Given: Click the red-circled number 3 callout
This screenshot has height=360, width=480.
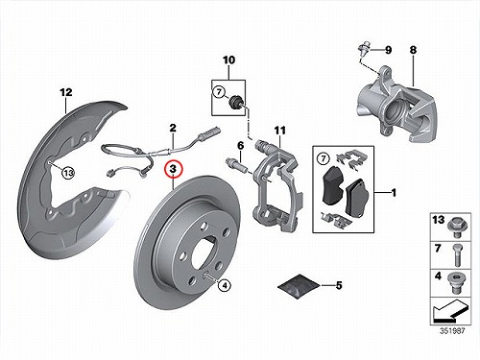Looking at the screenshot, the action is (x=173, y=169).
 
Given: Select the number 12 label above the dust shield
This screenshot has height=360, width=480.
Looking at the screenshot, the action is (x=66, y=92).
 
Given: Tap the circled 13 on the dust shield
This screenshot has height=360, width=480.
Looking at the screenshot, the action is (x=68, y=173).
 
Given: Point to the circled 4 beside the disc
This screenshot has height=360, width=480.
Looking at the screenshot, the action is (x=225, y=285).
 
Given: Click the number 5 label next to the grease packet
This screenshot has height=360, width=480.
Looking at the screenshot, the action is (x=339, y=285).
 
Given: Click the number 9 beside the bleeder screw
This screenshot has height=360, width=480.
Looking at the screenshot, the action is (x=388, y=50).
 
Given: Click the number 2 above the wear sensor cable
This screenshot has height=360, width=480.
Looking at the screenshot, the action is (x=173, y=128).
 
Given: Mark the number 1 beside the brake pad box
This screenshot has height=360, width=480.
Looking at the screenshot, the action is (x=394, y=193).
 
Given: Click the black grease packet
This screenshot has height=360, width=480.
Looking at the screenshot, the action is (x=299, y=286).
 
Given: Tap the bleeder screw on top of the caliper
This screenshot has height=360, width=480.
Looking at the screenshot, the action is (x=364, y=49).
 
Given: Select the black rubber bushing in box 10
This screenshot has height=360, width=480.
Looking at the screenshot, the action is (x=237, y=103).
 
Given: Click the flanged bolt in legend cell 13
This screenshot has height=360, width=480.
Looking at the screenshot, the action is (x=458, y=227).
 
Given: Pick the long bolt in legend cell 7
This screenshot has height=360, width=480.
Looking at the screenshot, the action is (x=457, y=255).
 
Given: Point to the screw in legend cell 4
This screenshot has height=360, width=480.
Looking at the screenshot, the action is (x=457, y=282).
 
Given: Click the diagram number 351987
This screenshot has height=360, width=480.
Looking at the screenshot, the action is (x=452, y=331).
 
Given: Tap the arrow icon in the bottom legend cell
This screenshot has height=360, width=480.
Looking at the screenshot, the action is (x=449, y=310).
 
